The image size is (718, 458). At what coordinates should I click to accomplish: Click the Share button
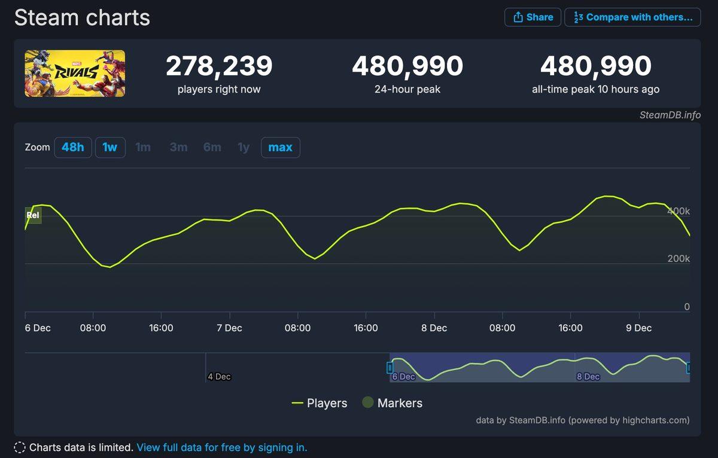(533, 17)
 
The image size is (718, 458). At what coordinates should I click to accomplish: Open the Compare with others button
(632, 17)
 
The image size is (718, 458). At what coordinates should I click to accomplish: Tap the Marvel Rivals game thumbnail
(75, 74)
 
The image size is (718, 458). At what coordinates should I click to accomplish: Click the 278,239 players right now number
(219, 66)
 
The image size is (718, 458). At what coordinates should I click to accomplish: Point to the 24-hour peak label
(407, 90)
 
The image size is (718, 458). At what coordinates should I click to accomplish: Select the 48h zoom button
(73, 147)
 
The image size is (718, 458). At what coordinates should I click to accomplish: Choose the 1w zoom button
(110, 147)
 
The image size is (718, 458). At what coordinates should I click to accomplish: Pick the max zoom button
(280, 147)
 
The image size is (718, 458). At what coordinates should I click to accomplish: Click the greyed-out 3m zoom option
(178, 147)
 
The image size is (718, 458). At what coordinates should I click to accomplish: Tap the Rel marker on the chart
(34, 215)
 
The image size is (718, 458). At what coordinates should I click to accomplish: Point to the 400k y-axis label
(679, 211)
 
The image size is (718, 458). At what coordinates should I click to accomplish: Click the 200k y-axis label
(679, 259)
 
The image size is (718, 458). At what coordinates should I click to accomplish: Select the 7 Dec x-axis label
(229, 328)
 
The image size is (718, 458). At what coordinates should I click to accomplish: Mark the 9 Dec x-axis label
(638, 328)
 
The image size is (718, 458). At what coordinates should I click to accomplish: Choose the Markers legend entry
(393, 403)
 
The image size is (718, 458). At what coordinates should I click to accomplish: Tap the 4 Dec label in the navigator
(219, 377)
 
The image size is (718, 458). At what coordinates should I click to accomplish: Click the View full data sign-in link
(221, 447)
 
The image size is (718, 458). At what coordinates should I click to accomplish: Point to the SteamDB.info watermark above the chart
(670, 115)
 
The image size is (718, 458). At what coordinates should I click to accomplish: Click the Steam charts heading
(82, 18)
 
